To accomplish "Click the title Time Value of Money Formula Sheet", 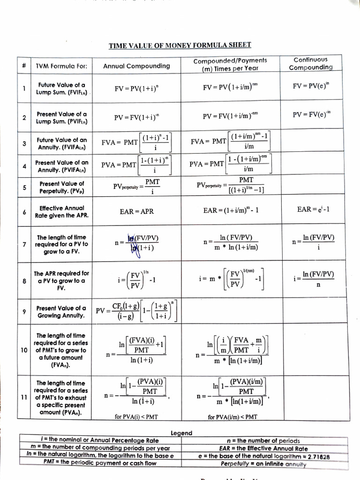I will [x=180, y=45].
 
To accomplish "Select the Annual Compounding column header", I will [x=136, y=66].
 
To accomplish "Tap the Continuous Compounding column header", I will [x=310, y=63].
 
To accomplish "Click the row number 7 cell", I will [x=24, y=244].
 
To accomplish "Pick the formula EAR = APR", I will [x=136, y=211].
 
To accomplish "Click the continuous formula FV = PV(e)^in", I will [x=310, y=87].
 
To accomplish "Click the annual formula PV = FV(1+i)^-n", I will [x=136, y=117].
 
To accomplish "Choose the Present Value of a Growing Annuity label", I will [x=61, y=312].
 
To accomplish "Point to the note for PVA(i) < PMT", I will [x=136, y=416].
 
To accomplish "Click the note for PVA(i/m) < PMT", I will [x=232, y=416].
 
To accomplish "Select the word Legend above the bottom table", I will [x=181, y=433].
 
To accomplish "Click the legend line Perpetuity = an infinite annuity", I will [x=263, y=464].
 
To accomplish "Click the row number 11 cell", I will [x=24, y=397].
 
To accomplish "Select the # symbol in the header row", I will [x=24, y=66].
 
